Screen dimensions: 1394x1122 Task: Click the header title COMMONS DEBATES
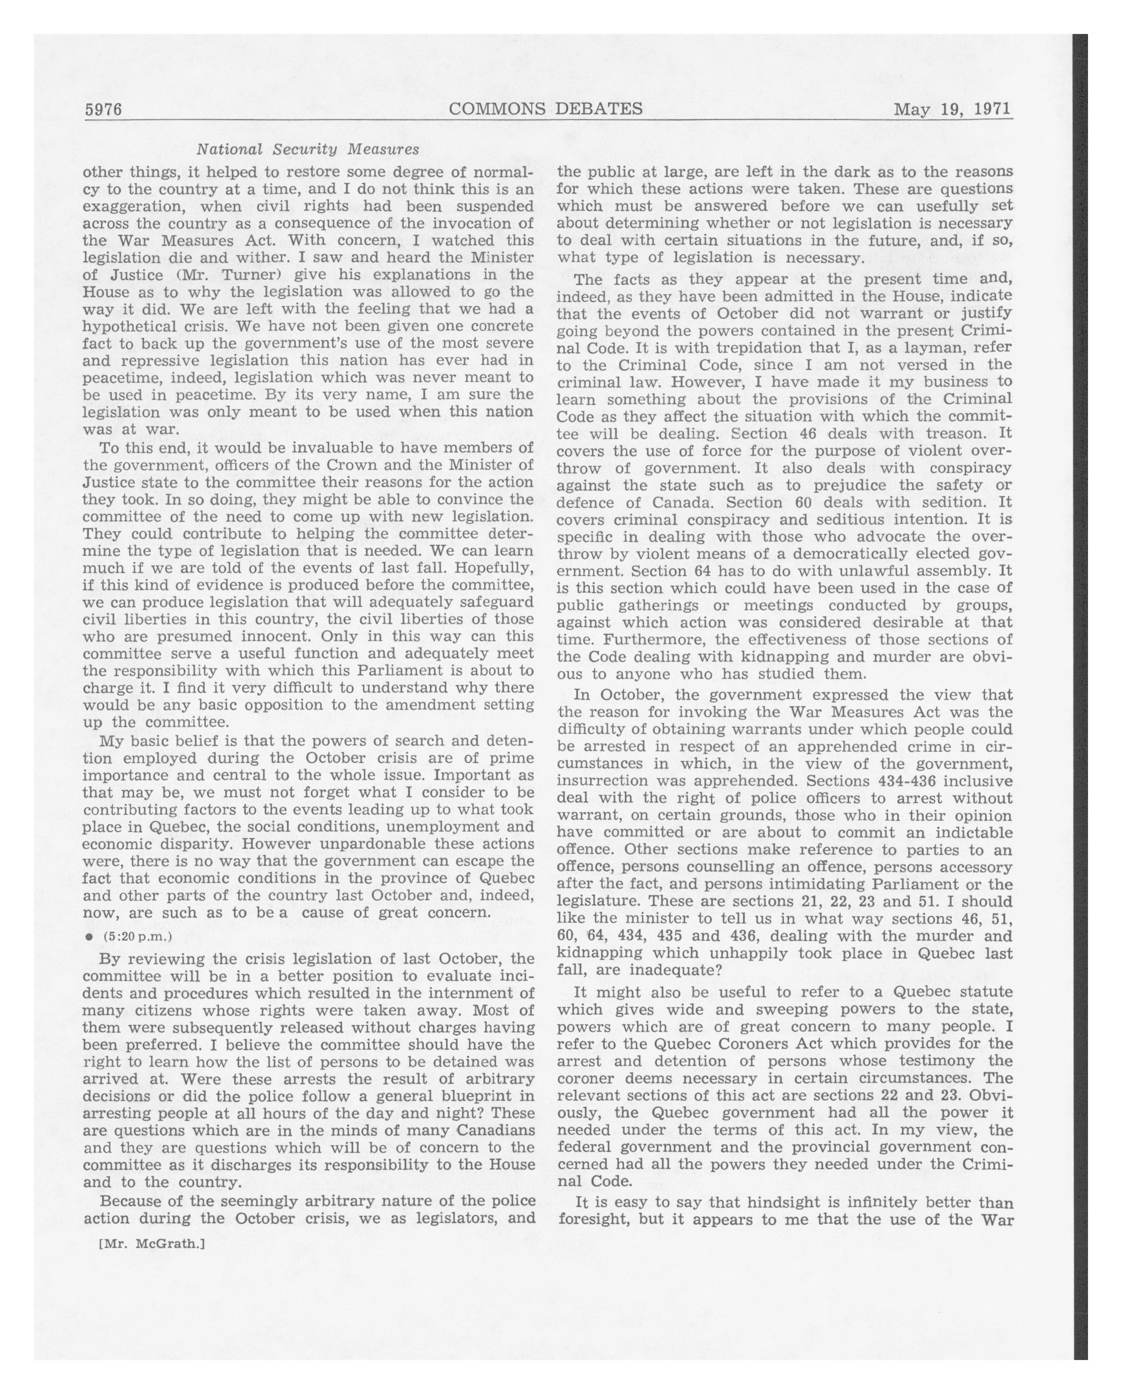(x=545, y=109)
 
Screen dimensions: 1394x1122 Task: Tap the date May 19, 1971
(x=952, y=109)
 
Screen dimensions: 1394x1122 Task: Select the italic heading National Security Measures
(x=308, y=150)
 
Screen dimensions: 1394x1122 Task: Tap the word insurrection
(x=606, y=781)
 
